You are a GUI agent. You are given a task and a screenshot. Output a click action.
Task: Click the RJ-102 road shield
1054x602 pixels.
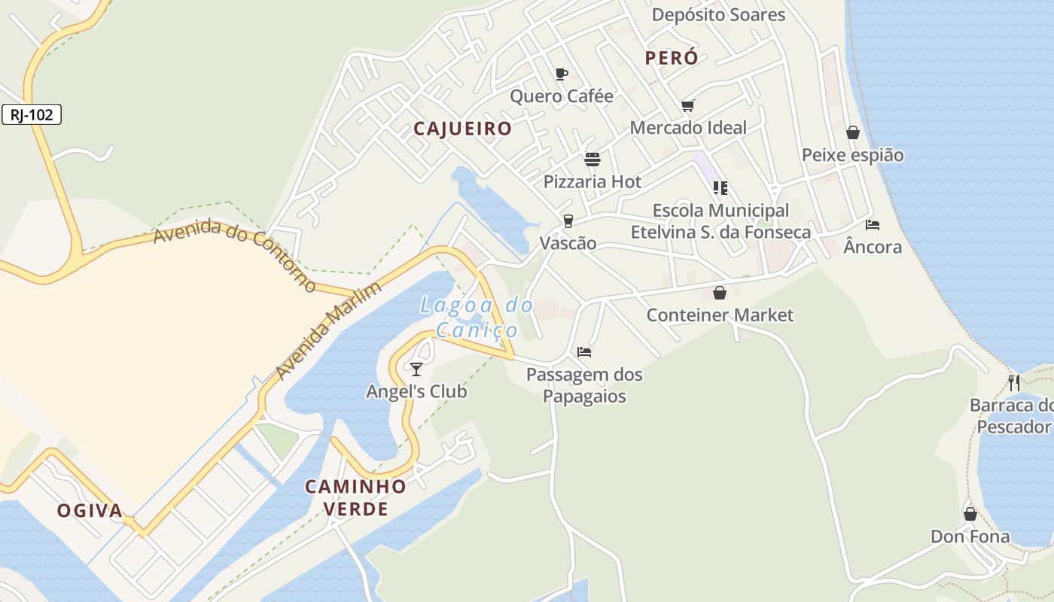(x=32, y=115)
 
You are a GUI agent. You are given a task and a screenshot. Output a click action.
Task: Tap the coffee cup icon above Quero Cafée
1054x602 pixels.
(x=561, y=74)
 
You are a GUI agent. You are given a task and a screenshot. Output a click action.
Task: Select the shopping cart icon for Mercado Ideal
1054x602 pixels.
(x=687, y=105)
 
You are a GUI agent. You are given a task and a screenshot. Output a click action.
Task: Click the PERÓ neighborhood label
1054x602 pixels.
(x=672, y=58)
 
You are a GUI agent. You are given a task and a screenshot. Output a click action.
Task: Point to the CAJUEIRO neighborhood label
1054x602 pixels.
(x=462, y=129)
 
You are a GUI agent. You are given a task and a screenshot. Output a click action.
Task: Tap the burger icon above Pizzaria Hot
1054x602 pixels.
(x=592, y=160)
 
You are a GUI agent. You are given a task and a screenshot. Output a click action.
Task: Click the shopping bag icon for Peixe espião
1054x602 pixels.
(x=853, y=132)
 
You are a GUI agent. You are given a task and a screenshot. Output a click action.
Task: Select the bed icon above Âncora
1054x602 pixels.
(x=873, y=224)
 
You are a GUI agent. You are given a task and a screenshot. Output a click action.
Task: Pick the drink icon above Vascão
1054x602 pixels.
(x=568, y=220)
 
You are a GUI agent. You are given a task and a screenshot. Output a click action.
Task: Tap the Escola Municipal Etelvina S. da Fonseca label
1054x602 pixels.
(x=720, y=221)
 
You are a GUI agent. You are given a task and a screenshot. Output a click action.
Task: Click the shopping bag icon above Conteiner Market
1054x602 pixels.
(x=720, y=293)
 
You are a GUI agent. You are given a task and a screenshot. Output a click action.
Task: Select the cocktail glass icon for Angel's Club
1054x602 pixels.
(x=416, y=369)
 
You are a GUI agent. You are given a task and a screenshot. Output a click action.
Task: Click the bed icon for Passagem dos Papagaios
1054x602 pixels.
(x=584, y=351)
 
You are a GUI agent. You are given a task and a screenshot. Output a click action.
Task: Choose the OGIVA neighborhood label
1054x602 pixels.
(x=90, y=511)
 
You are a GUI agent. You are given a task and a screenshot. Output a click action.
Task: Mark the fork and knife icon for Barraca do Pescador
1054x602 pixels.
(x=1014, y=382)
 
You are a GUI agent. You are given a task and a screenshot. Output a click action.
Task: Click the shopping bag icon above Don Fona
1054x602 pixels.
(x=970, y=514)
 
